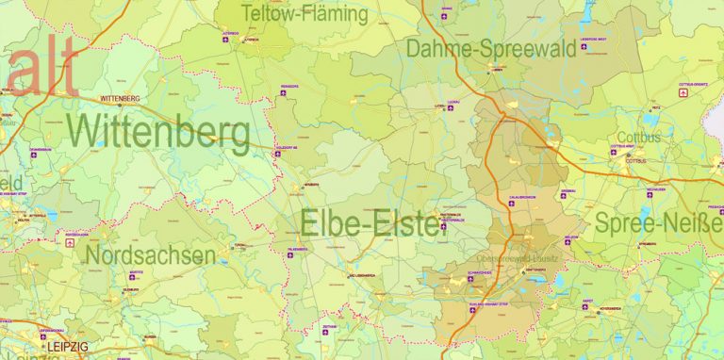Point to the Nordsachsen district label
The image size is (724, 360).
click(150, 254)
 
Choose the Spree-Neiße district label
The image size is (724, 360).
click(658, 223)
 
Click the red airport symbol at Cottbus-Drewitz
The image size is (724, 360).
click(684, 92)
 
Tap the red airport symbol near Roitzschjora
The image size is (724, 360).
click(69, 242)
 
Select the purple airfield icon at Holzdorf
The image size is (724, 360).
click(279, 155)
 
